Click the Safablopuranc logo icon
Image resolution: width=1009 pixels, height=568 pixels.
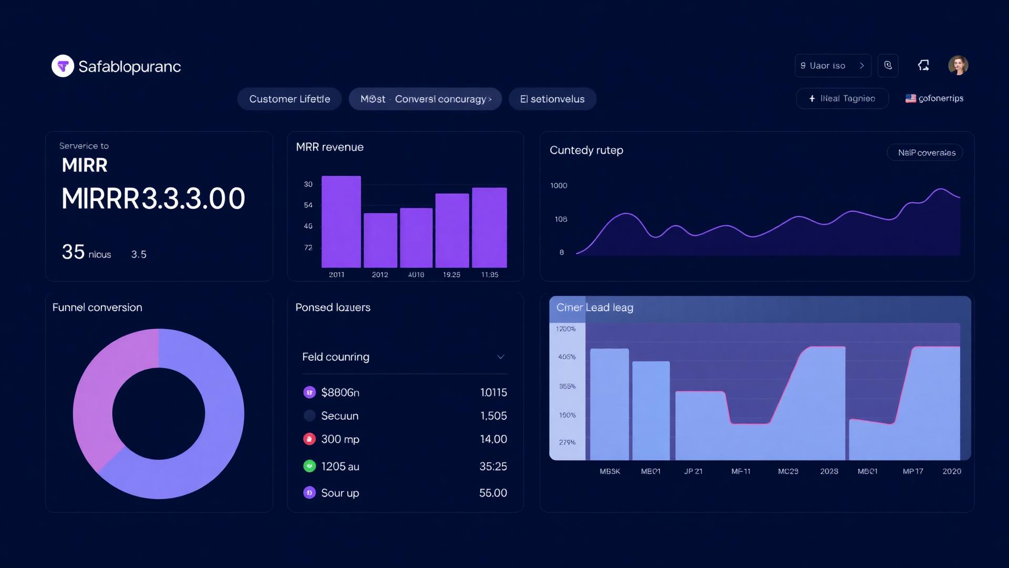click(63, 66)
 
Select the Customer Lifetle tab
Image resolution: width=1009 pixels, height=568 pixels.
click(290, 99)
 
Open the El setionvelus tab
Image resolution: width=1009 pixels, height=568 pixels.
click(552, 99)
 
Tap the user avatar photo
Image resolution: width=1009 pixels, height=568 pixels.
click(957, 66)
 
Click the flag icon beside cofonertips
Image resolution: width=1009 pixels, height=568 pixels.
click(910, 98)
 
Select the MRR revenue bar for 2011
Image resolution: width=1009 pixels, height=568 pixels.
click(341, 221)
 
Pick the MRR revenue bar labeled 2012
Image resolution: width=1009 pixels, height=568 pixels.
click(380, 240)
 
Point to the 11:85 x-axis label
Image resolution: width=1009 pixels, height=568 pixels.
click(489, 275)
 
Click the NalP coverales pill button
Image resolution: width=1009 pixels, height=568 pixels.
click(925, 153)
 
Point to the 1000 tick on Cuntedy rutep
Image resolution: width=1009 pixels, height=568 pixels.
click(559, 186)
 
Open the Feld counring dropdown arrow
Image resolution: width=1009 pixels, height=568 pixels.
click(501, 357)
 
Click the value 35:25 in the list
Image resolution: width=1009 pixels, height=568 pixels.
click(493, 466)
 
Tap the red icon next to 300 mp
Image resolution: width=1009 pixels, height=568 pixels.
click(310, 439)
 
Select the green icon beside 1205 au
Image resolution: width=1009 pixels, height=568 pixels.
click(310, 466)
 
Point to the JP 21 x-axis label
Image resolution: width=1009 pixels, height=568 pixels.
click(693, 471)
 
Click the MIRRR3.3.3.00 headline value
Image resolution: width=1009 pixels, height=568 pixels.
click(153, 199)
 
